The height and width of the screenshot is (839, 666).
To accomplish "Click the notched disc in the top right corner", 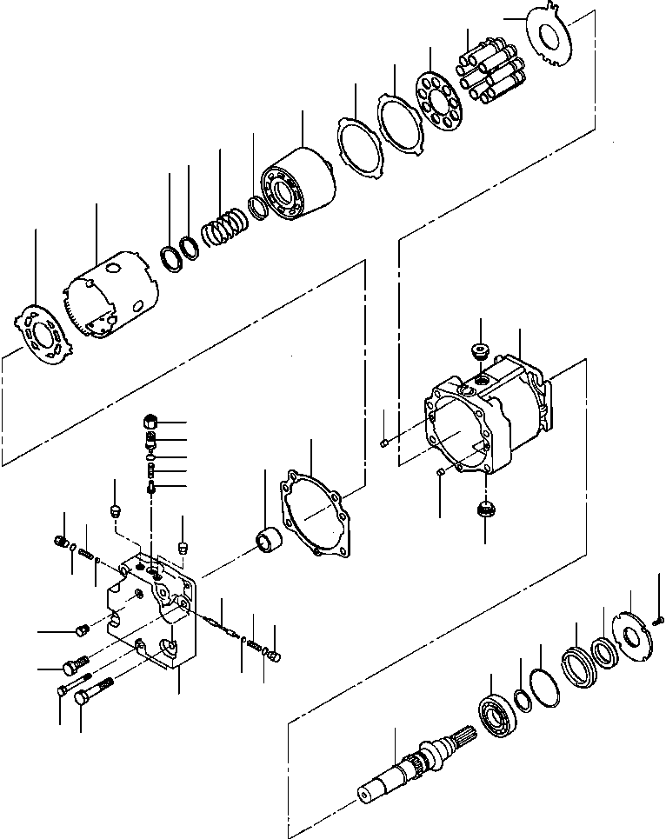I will point(549,37).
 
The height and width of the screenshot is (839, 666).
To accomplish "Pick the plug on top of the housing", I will point(480,351).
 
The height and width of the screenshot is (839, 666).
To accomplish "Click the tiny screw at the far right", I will point(659,619).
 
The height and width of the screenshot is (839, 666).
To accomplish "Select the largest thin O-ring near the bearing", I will point(540,688).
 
